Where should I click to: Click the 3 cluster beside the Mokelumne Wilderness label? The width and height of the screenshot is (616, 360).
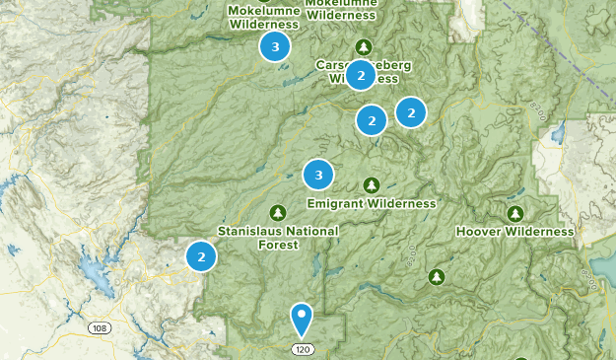point(275,46)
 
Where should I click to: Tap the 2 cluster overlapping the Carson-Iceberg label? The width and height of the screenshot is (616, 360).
point(361,75)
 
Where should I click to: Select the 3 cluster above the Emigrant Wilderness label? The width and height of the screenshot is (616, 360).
point(317,176)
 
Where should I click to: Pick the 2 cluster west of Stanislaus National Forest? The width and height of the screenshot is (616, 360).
point(201,256)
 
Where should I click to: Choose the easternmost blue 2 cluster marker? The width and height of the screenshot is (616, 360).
point(410,112)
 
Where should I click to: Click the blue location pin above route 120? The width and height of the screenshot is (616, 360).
point(302,318)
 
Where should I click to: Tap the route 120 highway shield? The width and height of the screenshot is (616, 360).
point(303,350)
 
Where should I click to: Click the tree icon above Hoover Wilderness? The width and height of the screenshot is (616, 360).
point(514,214)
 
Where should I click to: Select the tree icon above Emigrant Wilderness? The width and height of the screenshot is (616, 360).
point(371,185)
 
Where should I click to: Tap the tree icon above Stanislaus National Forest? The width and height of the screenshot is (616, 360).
point(278,213)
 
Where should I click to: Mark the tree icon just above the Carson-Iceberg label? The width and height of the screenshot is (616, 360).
point(364,46)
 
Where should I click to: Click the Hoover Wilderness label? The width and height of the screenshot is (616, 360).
point(514,232)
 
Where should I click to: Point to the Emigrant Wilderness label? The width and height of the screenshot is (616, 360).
point(371,204)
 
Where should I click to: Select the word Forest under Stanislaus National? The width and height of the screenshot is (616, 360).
point(278,247)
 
